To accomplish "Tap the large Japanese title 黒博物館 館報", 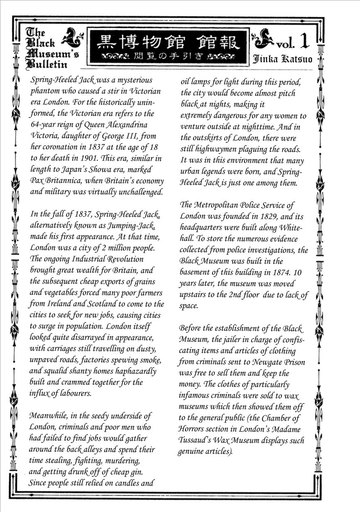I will [x=168, y=43].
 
